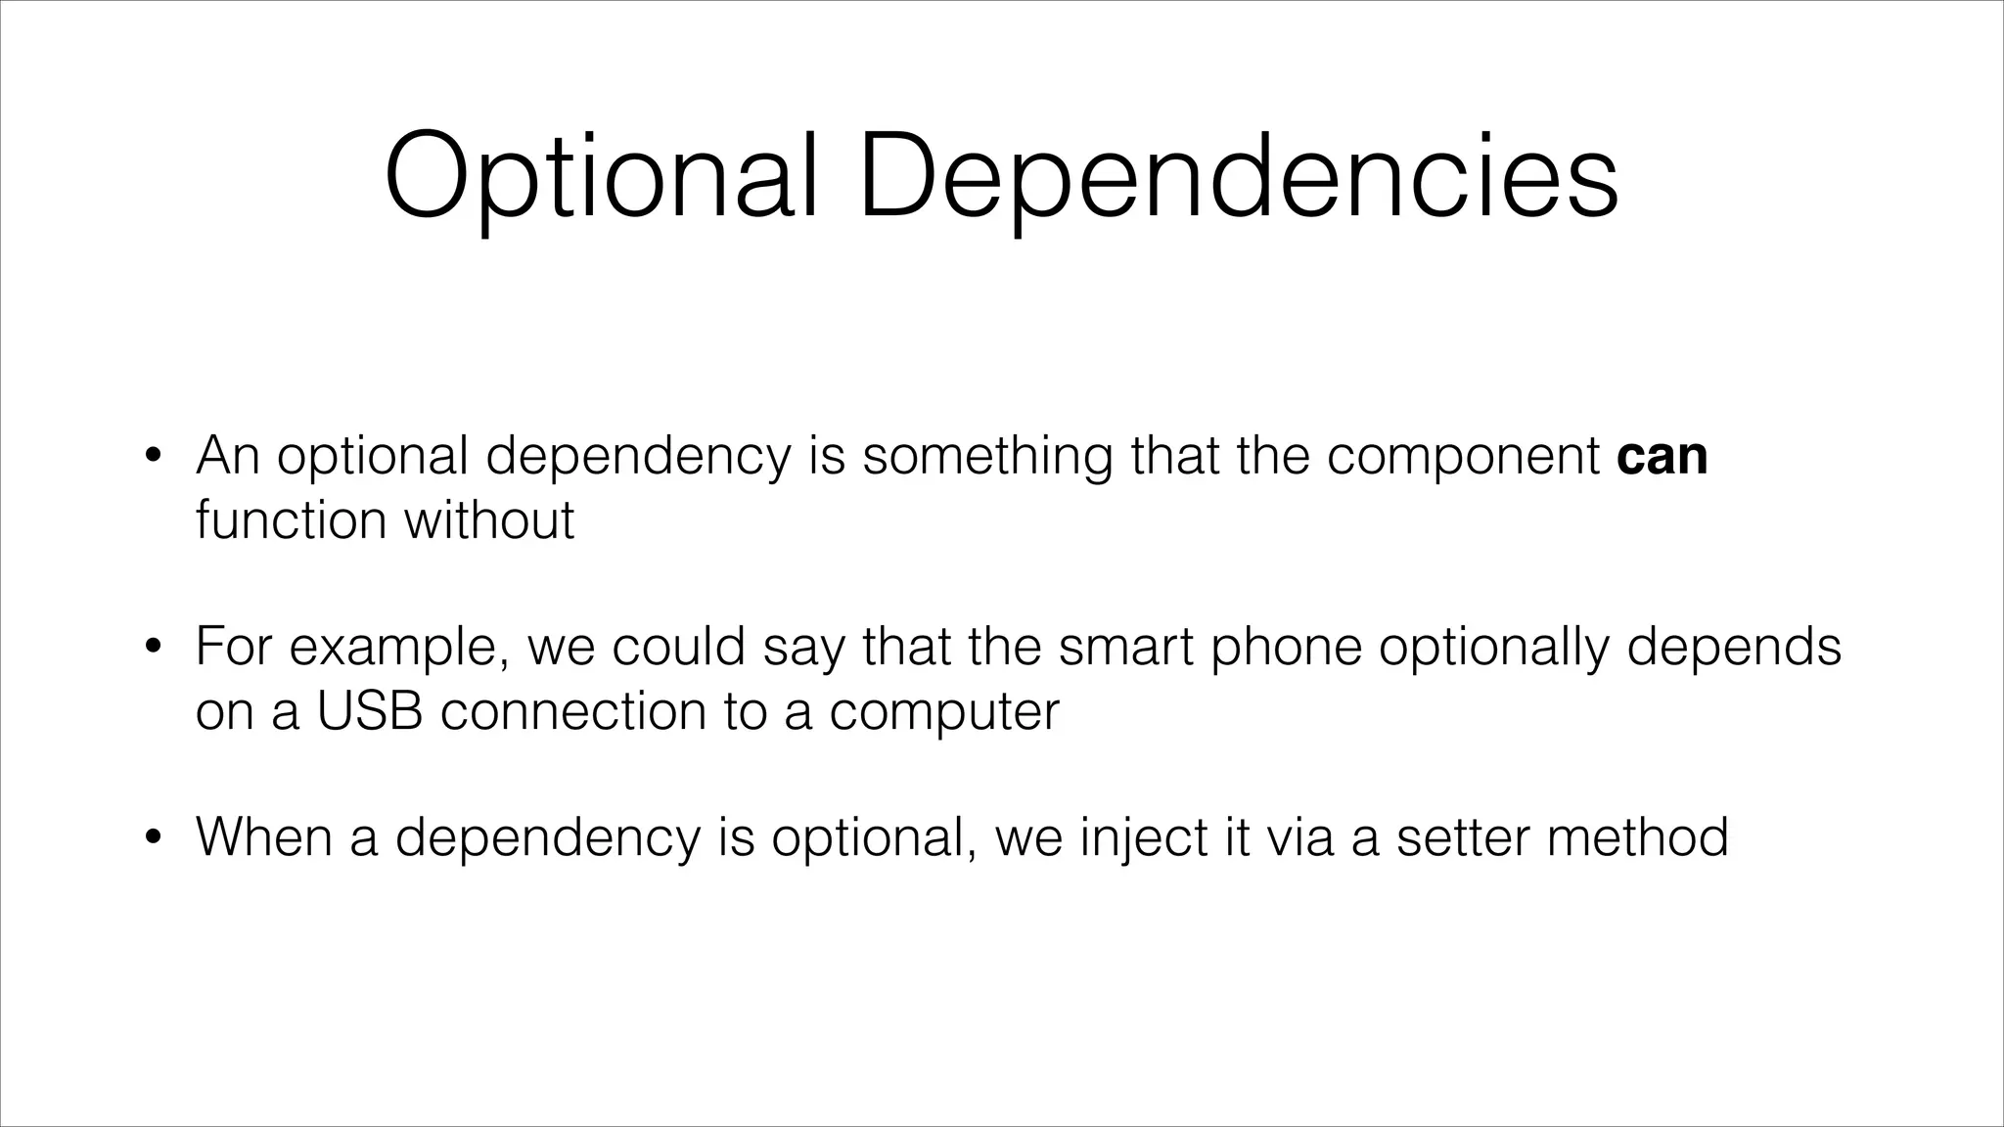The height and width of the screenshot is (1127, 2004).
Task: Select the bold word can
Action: [1662, 457]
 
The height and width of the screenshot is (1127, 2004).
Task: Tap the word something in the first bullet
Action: [987, 457]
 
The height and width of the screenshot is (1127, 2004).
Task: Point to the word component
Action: [1463, 457]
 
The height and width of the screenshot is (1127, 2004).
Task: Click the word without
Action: [489, 518]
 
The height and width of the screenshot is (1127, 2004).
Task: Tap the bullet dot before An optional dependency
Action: [152, 456]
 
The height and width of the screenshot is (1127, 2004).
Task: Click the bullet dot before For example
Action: [152, 647]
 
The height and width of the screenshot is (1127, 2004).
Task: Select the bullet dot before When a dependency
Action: [152, 836]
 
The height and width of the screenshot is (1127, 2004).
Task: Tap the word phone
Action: [1286, 647]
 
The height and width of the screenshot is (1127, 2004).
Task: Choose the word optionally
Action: [1493, 647]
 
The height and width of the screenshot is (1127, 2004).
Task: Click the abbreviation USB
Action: [369, 710]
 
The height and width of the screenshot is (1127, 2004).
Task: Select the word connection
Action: [572, 710]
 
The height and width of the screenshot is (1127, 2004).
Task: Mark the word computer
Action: [944, 710]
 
